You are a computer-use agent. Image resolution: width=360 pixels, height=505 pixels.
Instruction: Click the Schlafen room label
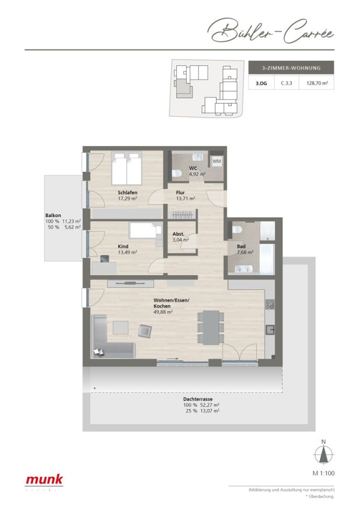pos(128,192)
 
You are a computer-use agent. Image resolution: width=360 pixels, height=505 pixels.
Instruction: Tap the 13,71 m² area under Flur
pos(185,198)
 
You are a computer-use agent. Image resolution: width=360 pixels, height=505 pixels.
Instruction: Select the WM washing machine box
pos(216,161)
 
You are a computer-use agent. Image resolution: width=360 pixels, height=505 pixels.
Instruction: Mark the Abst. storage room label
pos(177,234)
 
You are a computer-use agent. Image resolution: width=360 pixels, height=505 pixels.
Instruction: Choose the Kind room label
pos(123,246)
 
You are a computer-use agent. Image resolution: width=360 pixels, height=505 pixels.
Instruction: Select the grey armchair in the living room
pos(145,331)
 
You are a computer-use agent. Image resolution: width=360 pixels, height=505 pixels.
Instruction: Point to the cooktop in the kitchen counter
pos(270,305)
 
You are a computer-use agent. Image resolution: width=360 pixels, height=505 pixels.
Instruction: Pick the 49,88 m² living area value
pos(164,312)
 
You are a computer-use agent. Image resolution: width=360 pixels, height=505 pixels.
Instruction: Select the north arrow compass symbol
pos(323,455)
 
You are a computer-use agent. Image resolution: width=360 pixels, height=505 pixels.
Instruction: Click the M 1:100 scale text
pos(323,473)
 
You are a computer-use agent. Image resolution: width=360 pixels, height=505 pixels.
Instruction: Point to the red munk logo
pos(44,480)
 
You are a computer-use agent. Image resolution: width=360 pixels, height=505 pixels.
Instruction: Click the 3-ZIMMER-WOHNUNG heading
pos(291,67)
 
